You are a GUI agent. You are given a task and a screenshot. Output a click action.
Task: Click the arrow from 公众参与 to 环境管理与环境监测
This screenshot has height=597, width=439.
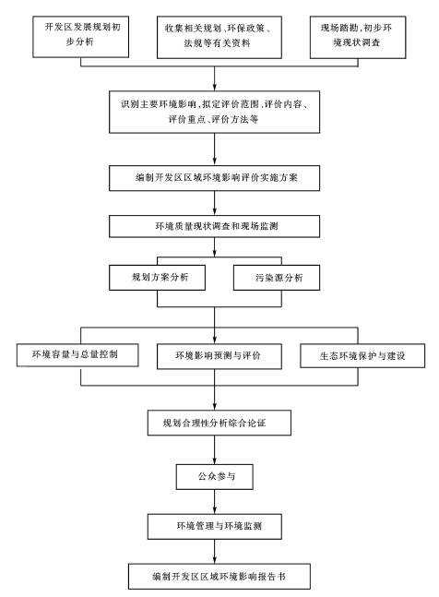point(215,502)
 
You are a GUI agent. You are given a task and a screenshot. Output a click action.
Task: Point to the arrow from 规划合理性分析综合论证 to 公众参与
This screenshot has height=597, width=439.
point(215,449)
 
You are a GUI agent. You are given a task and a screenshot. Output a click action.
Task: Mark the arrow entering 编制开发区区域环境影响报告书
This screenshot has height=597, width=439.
point(215,552)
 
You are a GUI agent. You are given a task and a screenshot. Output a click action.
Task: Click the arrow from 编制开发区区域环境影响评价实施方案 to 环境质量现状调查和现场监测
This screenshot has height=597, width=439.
point(215,203)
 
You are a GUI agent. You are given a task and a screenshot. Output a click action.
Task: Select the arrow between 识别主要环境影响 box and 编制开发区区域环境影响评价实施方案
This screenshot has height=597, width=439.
point(215,149)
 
